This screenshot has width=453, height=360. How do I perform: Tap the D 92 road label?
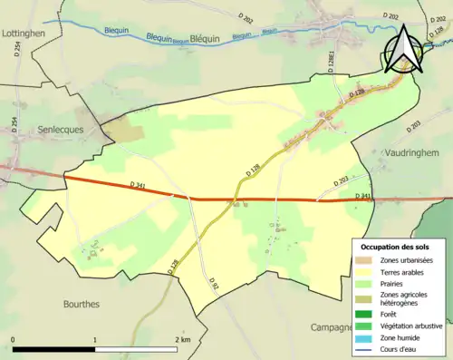[214, 285]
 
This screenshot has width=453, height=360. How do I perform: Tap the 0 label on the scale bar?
[14, 339]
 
